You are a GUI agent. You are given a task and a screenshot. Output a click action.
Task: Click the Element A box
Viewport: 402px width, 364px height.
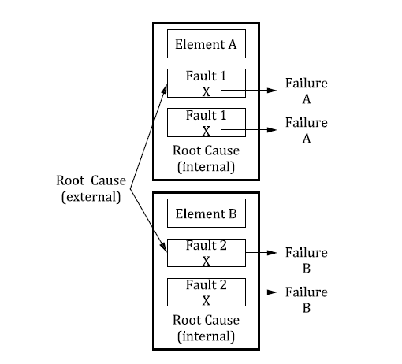[x=206, y=45]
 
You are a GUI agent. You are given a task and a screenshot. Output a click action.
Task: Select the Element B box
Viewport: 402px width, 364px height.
[x=206, y=214]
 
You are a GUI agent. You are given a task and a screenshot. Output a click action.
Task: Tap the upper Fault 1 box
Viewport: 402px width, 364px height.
[x=206, y=84]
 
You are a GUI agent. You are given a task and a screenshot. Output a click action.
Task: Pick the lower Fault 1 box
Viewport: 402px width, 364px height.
[x=206, y=122]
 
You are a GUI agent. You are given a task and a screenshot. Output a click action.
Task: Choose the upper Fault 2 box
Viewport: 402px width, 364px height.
[x=206, y=253]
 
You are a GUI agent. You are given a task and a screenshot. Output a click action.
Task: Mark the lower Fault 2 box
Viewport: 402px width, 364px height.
[x=206, y=292]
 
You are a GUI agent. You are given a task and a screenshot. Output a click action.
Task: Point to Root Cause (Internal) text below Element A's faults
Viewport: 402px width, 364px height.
[x=206, y=158]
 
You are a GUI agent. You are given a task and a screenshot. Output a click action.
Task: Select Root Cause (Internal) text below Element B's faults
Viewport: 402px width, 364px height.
[x=206, y=329]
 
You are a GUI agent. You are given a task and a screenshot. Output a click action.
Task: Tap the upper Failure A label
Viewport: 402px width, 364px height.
[x=306, y=91]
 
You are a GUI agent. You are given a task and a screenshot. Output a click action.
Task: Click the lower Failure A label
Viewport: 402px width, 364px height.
[x=306, y=130]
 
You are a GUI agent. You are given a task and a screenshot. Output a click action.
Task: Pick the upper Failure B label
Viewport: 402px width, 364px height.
[x=306, y=260]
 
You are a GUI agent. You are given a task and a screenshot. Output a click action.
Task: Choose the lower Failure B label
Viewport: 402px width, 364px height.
[x=306, y=299]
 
